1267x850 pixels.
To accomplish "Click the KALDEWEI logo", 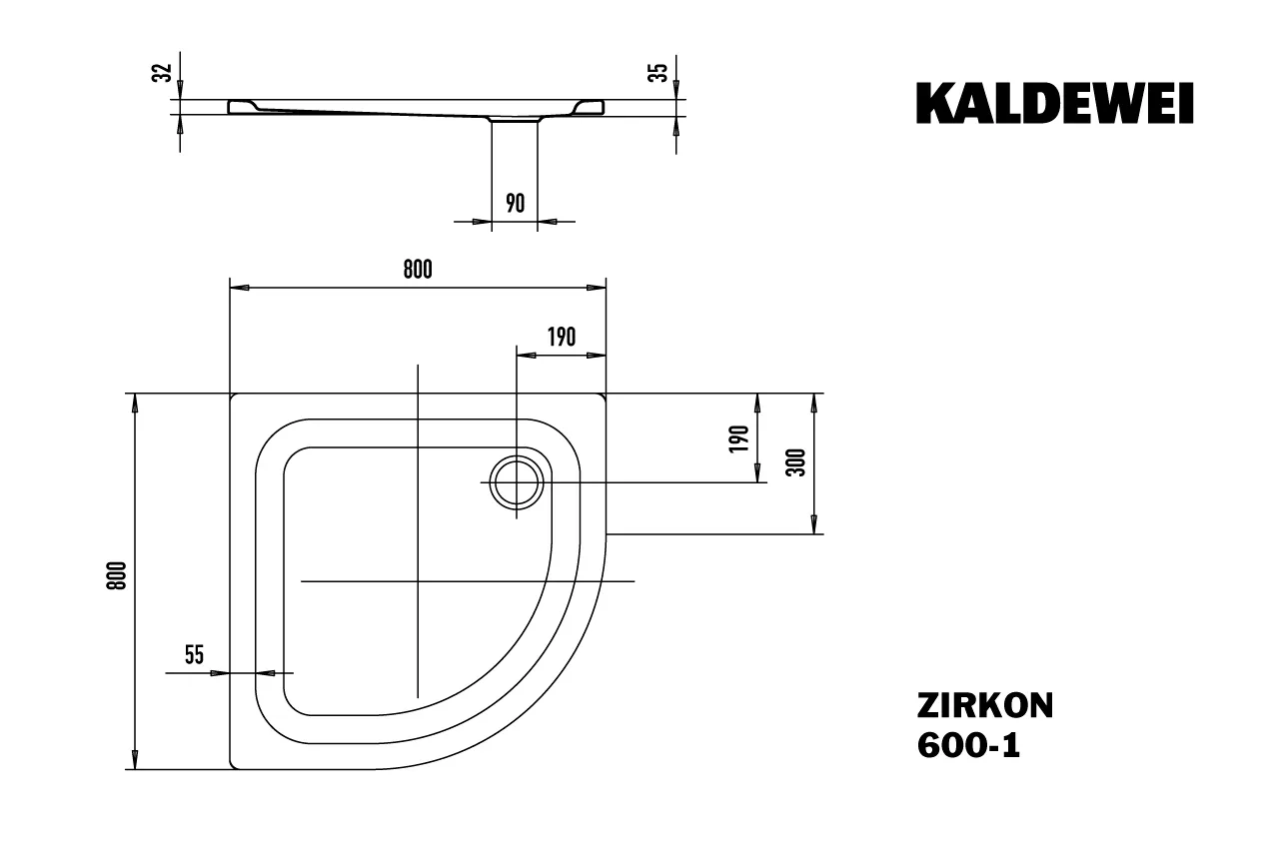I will coord(1054,103).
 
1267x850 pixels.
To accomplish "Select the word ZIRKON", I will coord(984,706).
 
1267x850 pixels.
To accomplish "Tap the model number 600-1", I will coord(968,746).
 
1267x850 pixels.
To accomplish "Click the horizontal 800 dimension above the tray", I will coord(418,269).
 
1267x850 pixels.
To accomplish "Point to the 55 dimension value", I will coord(194,655).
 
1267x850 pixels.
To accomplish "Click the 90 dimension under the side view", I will coord(515,203).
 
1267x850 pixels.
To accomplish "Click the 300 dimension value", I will coord(797,462).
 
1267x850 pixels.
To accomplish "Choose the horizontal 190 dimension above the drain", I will coord(562,337).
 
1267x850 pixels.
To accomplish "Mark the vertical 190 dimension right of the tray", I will coord(740,438).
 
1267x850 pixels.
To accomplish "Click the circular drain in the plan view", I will coord(516,481).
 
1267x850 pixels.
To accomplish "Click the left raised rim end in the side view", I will coord(242,106).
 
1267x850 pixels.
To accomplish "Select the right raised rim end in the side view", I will coord(592,106).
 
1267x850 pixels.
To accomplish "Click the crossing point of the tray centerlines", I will coord(418,581).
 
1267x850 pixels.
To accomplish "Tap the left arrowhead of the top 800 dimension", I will coord(238,288).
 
